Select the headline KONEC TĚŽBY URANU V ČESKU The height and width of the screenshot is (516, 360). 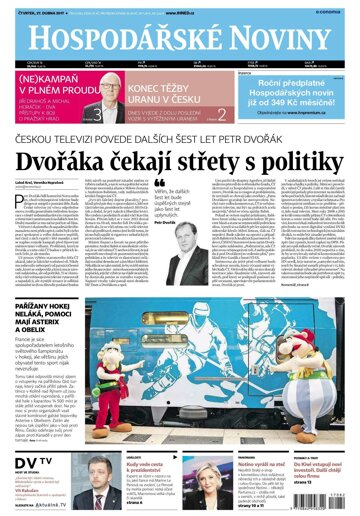[157, 93]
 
